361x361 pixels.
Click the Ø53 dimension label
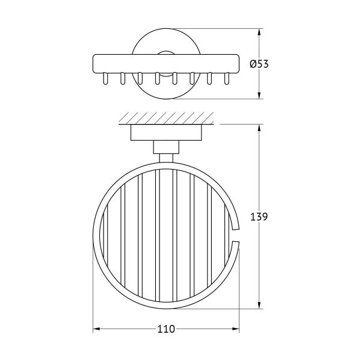click(x=259, y=64)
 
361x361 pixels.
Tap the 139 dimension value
click(x=259, y=217)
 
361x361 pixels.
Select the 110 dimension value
click(x=166, y=329)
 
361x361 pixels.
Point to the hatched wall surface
click(x=166, y=119)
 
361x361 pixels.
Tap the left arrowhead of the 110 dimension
click(x=96, y=329)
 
